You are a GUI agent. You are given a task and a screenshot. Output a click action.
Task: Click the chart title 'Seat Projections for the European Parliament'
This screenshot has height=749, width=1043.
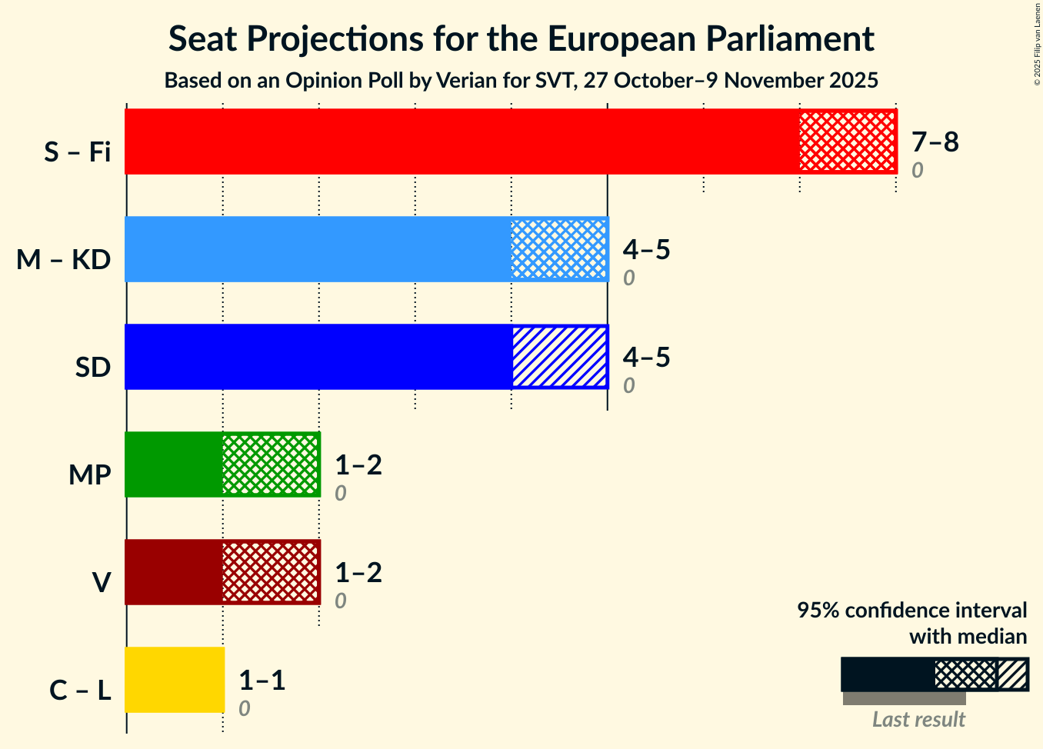pyautogui.click(x=521, y=38)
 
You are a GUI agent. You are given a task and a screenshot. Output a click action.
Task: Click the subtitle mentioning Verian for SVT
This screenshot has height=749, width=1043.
pyautogui.click(x=521, y=80)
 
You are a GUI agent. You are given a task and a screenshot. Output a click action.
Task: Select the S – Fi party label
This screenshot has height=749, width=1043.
pyautogui.click(x=77, y=152)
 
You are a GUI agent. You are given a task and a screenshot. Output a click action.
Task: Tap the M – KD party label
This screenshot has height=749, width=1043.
pyautogui.click(x=64, y=260)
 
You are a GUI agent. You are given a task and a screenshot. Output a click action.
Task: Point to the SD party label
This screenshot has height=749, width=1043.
pyautogui.click(x=92, y=368)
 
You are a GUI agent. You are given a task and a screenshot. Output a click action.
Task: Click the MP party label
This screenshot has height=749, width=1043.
pyautogui.click(x=89, y=475)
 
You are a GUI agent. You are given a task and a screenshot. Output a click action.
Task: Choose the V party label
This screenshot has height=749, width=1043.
pyautogui.click(x=101, y=583)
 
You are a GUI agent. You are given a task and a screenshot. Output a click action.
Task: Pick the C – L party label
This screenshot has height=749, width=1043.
pyautogui.click(x=80, y=691)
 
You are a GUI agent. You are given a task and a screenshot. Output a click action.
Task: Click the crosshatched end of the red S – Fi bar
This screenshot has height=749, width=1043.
pyautogui.click(x=847, y=141)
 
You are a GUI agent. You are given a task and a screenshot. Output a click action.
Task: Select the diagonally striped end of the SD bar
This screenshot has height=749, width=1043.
pyautogui.click(x=559, y=357)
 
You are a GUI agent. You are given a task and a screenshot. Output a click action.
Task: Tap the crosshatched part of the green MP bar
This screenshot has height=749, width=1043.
pyautogui.click(x=270, y=464)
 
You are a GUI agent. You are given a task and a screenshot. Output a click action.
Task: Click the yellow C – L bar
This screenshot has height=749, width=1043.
pyautogui.click(x=174, y=680)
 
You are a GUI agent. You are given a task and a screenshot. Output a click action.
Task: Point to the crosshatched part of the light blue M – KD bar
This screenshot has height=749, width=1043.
pyautogui.click(x=559, y=249)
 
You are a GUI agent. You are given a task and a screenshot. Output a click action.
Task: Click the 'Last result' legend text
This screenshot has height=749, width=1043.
pyautogui.click(x=918, y=719)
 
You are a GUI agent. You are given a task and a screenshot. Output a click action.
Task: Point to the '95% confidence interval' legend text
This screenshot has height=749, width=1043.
pyautogui.click(x=911, y=611)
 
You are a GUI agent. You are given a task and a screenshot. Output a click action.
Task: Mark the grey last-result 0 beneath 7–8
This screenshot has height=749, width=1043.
pyautogui.click(x=917, y=171)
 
